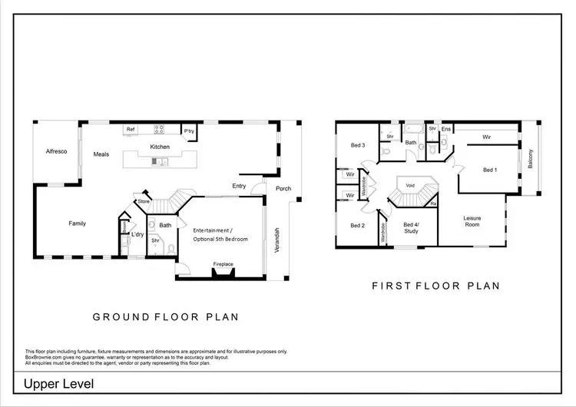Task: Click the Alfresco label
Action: pyautogui.click(x=56, y=151)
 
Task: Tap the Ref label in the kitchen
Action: pyautogui.click(x=131, y=130)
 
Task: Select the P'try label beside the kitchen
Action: pyautogui.click(x=188, y=131)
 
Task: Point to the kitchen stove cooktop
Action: pyautogui.click(x=160, y=130)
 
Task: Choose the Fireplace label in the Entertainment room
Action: pyautogui.click(x=223, y=265)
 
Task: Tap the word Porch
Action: pyautogui.click(x=284, y=188)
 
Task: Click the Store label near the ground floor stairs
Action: pyautogui.click(x=143, y=202)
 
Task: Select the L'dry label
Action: pyautogui.click(x=138, y=234)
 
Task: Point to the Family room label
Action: pyautogui.click(x=77, y=223)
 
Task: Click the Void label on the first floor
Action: pyautogui.click(x=410, y=185)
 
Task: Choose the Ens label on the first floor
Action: pyautogui.click(x=445, y=129)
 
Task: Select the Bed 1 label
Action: pyautogui.click(x=490, y=170)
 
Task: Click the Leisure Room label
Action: pyautogui.click(x=472, y=221)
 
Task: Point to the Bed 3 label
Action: pyautogui.click(x=357, y=145)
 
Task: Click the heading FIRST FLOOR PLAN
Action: pyautogui.click(x=435, y=286)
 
